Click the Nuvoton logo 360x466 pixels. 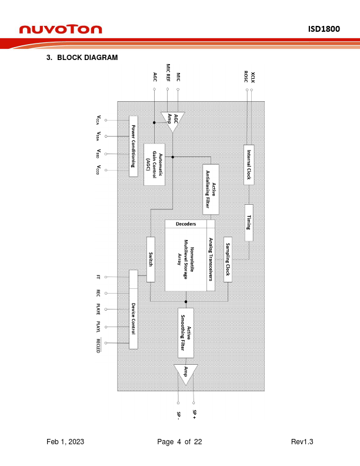click(61, 29)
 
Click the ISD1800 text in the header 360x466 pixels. click(324, 29)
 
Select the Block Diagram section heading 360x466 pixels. click(82, 58)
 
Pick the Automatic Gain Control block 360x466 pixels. click(154, 164)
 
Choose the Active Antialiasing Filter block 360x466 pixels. click(211, 189)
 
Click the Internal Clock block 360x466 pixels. click(249, 165)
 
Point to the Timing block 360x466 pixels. click(249, 222)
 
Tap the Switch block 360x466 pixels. click(151, 259)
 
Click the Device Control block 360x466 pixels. click(134, 309)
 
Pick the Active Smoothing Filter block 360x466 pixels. click(185, 332)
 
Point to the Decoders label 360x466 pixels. click(186, 224)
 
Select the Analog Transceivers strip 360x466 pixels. click(211, 259)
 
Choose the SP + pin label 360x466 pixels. click(194, 415)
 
